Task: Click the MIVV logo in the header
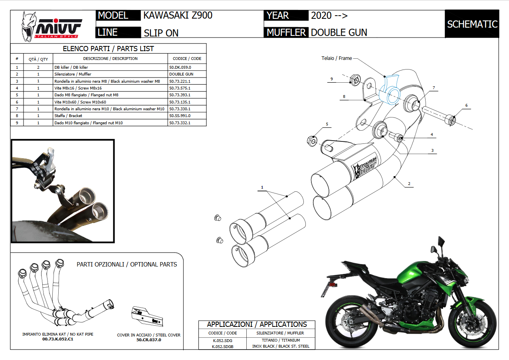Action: click(51, 26)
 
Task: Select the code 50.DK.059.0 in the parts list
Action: click(180, 68)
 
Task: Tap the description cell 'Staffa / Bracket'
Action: click(68, 116)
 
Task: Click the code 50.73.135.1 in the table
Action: click(180, 102)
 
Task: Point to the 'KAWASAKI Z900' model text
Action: click(178, 16)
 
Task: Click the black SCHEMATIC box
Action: click(472, 24)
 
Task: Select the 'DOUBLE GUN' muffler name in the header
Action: click(339, 32)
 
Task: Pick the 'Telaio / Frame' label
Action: click(337, 58)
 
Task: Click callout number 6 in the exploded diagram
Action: click(465, 105)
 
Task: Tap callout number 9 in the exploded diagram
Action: click(331, 79)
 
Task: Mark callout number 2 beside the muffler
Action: click(409, 184)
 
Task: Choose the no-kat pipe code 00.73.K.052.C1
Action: click(58, 339)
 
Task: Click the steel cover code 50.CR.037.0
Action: click(149, 340)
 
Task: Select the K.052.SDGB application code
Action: click(222, 346)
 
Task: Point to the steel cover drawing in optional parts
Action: click(147, 316)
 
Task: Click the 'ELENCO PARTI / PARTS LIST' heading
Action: click(108, 49)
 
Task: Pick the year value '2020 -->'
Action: click(329, 16)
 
